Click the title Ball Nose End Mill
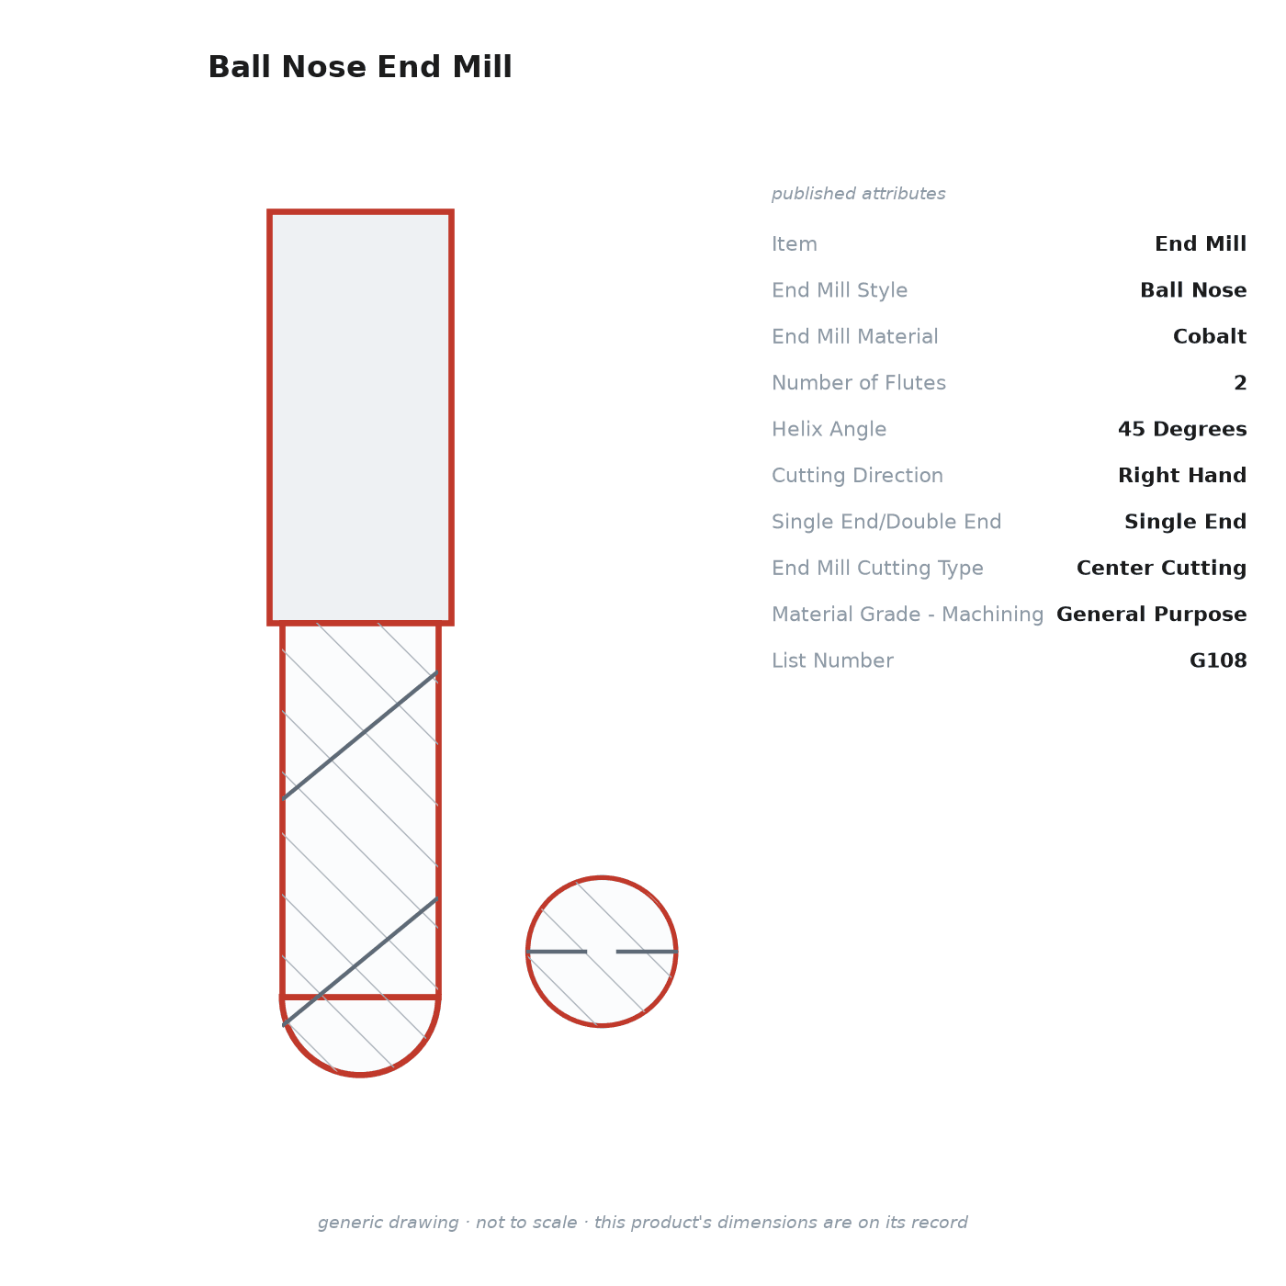[x=360, y=67]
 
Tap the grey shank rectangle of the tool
[x=360, y=417]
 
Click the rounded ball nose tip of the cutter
[x=360, y=1038]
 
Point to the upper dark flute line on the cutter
[x=360, y=736]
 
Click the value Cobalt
[x=1209, y=336]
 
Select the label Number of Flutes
[x=859, y=382]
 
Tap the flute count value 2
[x=1240, y=382]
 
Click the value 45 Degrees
[x=1182, y=429]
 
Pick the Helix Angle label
[x=829, y=429]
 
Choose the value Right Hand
[x=1182, y=475]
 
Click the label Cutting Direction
[x=858, y=475]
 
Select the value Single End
[x=1185, y=521]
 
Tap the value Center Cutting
[x=1161, y=568]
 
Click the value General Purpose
[x=1151, y=614]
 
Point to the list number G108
[x=1218, y=660]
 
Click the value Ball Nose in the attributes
[x=1193, y=290]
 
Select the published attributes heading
[x=858, y=194]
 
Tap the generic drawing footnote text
[x=643, y=1222]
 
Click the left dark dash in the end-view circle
[x=557, y=952]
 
